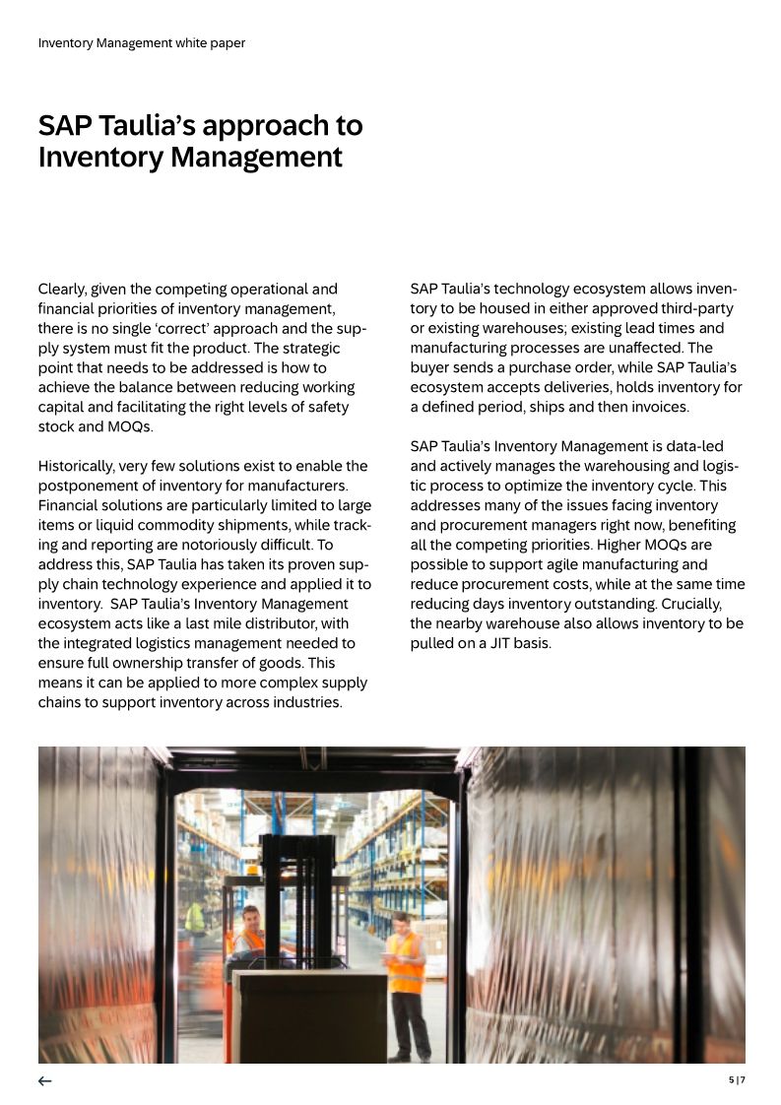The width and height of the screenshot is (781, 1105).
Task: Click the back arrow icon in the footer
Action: pyautogui.click(x=44, y=1080)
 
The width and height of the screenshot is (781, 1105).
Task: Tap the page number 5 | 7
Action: pyautogui.click(x=737, y=1079)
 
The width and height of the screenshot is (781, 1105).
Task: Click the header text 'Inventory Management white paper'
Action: pyautogui.click(x=141, y=43)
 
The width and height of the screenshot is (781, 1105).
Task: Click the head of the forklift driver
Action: pyautogui.click(x=249, y=917)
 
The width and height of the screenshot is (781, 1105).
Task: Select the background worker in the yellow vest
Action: pyautogui.click(x=195, y=918)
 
